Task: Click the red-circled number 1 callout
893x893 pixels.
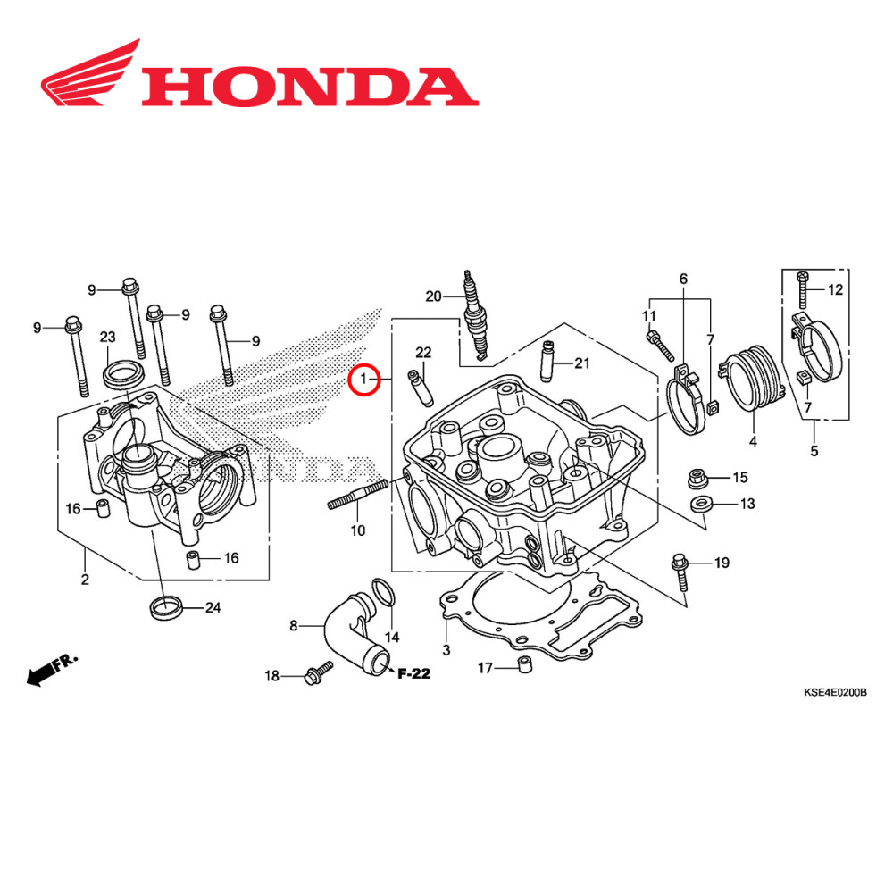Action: [363, 380]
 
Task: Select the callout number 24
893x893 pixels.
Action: [213, 608]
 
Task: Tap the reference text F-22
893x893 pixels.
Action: [414, 673]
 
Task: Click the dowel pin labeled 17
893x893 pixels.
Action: [525, 665]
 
